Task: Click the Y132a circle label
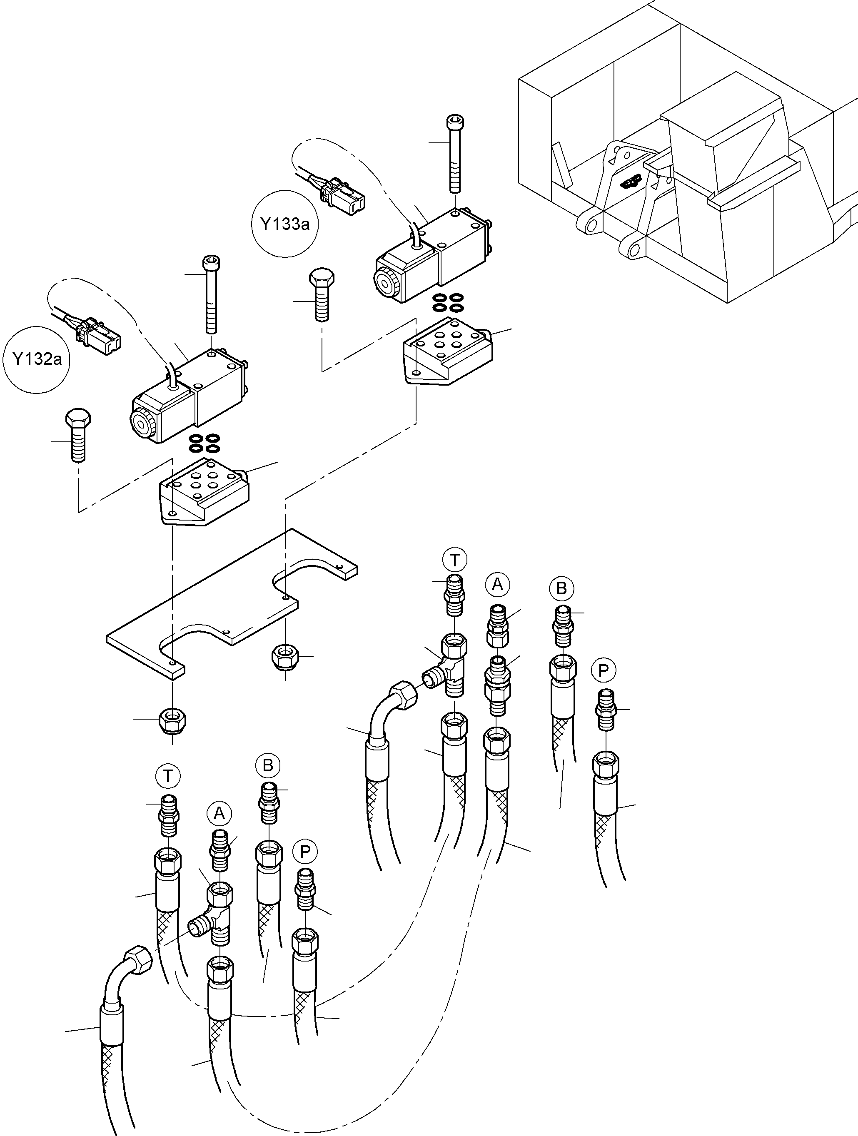(x=37, y=359)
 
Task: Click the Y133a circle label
(x=284, y=224)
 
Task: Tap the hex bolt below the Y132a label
(x=77, y=434)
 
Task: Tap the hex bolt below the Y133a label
(x=322, y=294)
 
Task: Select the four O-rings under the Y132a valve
(x=204, y=443)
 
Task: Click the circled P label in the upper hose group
(x=604, y=670)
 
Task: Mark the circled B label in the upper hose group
(x=561, y=588)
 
